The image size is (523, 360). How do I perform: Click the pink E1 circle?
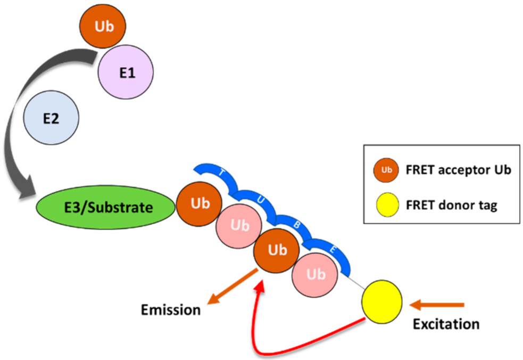[126, 72]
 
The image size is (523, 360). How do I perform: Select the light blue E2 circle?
[51, 118]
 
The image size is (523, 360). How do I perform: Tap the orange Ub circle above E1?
[103, 26]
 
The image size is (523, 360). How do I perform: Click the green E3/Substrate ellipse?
[105, 207]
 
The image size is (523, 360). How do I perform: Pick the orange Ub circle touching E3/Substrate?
[200, 204]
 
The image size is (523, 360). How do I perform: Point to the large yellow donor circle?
[382, 302]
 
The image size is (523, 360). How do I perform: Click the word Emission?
[171, 310]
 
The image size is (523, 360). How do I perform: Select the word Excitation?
[446, 324]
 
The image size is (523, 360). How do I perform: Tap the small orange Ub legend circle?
[386, 170]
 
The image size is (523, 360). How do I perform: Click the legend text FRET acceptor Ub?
[458, 170]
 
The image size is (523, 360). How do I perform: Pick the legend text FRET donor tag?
[451, 204]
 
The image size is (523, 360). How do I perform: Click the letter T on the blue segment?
[222, 173]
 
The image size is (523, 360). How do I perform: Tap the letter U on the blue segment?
[261, 200]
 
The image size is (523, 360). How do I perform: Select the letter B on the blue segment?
[296, 225]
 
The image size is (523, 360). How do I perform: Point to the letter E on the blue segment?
[333, 249]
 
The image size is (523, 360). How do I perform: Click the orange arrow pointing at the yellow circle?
[437, 305]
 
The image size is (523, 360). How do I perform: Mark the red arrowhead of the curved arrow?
[260, 287]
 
